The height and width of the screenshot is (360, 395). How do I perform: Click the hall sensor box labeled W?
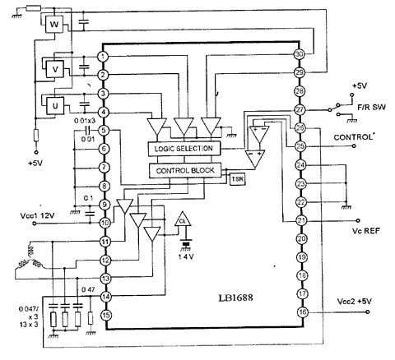click(55, 25)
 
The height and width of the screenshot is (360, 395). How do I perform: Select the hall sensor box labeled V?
click(55, 68)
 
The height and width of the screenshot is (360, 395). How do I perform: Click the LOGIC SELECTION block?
click(183, 148)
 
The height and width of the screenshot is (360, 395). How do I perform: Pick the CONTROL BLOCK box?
click(183, 170)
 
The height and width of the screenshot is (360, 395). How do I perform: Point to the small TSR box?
click(237, 178)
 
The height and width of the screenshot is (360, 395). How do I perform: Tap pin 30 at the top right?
click(299, 54)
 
